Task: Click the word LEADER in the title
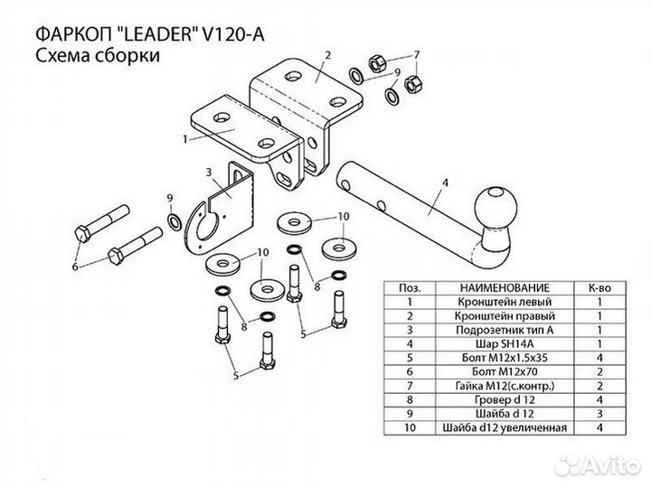[x=160, y=34]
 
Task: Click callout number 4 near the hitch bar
[x=446, y=183]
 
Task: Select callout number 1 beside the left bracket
[x=185, y=138]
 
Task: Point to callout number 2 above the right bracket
[x=328, y=55]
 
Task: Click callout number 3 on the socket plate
[x=209, y=172]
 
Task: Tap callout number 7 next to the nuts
[x=417, y=55]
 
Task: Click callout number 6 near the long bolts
[x=75, y=267]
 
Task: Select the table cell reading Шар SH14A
[x=505, y=344]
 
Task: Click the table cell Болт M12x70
[x=505, y=371]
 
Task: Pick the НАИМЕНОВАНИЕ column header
[x=505, y=288]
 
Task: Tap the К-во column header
[x=600, y=288]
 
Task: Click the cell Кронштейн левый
[x=505, y=302]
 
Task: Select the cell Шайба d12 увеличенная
[x=505, y=427]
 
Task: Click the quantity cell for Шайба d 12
[x=600, y=414]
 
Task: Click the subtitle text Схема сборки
[x=98, y=55]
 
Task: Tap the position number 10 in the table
[x=410, y=427]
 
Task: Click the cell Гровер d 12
[x=505, y=400]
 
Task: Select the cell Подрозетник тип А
[x=505, y=330]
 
